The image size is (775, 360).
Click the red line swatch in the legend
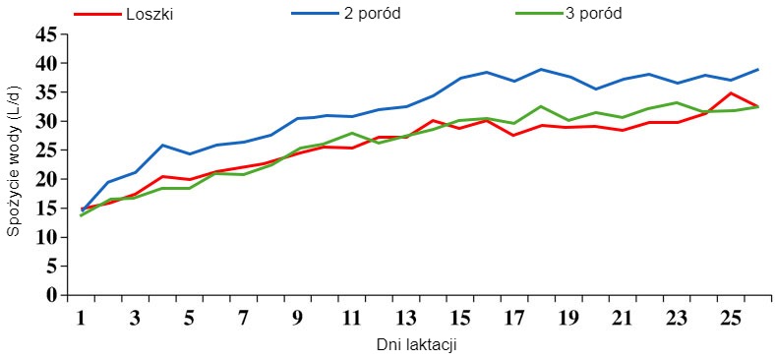[96, 15]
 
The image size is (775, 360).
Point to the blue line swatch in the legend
[315, 15]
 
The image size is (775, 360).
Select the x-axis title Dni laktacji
[416, 345]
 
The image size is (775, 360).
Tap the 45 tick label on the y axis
[45, 34]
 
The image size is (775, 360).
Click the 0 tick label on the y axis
[52, 295]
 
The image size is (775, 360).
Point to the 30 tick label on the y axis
[45, 121]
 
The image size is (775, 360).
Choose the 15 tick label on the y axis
[45, 209]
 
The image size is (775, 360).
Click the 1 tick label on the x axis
[82, 319]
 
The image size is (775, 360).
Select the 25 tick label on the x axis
[730, 319]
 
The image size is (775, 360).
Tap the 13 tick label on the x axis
[405, 319]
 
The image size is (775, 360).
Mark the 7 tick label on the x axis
[243, 319]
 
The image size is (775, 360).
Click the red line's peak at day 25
[730, 93]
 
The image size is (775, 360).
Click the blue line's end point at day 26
[756, 70]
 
